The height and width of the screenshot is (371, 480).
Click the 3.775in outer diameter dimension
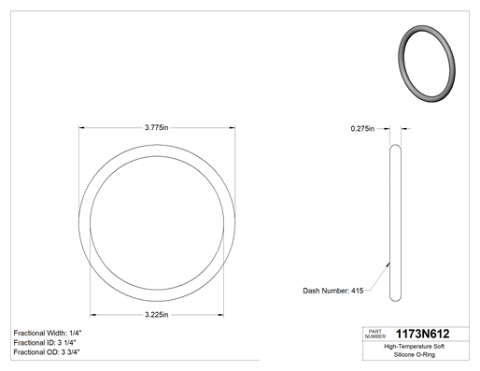156,127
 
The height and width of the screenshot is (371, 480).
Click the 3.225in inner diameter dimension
156,315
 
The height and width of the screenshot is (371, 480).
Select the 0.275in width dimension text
362,129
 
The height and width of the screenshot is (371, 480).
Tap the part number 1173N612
422,334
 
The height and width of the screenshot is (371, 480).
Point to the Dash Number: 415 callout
333,291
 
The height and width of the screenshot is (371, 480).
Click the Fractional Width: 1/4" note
48,333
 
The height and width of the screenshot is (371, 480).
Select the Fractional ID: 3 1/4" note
45,343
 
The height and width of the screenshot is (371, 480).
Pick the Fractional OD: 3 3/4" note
47,352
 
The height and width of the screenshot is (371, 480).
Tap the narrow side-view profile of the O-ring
395,222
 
